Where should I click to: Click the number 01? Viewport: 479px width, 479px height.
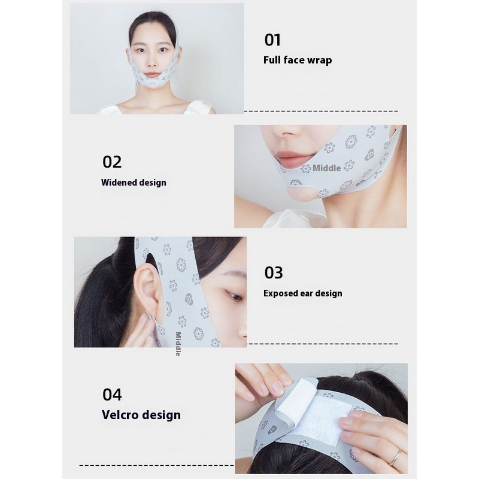272,40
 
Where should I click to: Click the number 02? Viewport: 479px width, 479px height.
112,162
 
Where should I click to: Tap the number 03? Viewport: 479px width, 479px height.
274,272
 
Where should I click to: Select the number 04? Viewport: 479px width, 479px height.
112,395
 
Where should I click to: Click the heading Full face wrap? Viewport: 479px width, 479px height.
298,60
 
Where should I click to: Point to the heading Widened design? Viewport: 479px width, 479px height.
134,183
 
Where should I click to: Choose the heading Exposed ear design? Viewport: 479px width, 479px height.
303,293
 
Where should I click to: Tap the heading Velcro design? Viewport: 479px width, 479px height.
141,415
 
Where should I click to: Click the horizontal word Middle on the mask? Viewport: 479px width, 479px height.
326,168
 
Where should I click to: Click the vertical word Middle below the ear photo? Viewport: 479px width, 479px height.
178,344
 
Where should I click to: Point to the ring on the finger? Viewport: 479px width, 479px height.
395,457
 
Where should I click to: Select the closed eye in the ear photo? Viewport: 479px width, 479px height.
234,295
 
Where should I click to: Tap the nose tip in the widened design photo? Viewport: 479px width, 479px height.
283,132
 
